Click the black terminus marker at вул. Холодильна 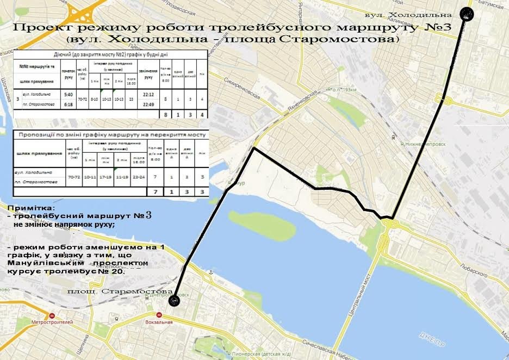[x=467, y=15]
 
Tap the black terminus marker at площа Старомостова [x=174, y=300]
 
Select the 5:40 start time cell [x=69, y=94]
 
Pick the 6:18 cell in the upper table [x=69, y=104]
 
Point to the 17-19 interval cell [x=106, y=177]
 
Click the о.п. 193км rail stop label [x=343, y=89]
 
